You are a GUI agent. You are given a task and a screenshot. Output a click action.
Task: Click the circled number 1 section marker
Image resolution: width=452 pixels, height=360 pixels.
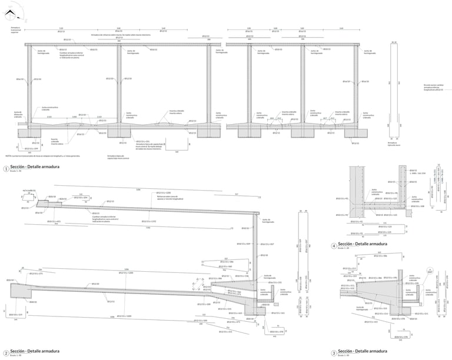5,169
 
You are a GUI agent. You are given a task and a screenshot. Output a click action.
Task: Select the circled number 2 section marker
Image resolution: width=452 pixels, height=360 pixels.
5,352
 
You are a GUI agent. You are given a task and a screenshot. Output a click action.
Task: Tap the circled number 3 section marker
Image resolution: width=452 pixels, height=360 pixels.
334,352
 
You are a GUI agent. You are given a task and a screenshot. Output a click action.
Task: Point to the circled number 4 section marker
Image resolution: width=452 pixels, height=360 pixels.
334,245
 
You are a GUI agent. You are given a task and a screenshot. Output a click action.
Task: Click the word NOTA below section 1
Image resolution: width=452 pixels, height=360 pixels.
8,156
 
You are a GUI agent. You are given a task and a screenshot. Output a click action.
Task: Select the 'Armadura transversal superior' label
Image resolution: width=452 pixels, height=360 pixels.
16,29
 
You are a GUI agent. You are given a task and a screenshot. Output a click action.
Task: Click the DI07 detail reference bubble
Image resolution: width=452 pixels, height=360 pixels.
429,271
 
